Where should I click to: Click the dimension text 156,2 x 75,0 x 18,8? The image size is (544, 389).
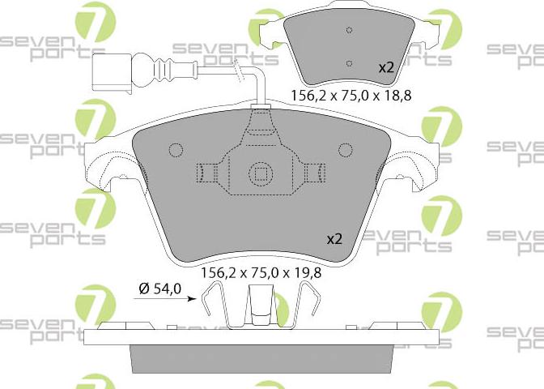(351, 95)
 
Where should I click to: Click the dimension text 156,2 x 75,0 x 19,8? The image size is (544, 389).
(261, 272)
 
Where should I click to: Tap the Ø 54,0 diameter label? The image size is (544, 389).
(160, 289)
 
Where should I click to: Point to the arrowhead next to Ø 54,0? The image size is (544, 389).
(192, 298)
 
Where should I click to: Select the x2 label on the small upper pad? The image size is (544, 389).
(386, 68)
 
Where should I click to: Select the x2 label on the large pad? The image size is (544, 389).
(335, 239)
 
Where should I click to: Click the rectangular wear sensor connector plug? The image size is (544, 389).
(112, 74)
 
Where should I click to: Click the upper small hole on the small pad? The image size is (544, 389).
(350, 30)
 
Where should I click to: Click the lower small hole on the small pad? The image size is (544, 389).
(350, 63)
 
